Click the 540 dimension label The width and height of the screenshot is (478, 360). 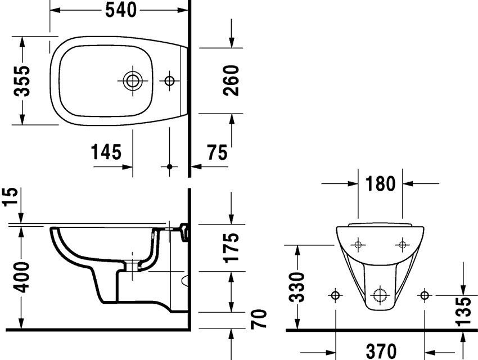point(121,10)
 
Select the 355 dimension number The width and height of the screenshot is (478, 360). point(22,81)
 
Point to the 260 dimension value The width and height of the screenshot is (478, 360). point(231,80)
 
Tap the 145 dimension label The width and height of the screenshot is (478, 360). point(106,152)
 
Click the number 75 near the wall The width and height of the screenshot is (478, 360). point(218,152)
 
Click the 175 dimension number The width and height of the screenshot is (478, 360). point(231,247)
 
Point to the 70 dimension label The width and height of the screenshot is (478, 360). point(259,319)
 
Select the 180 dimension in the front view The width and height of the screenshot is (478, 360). point(380,183)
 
